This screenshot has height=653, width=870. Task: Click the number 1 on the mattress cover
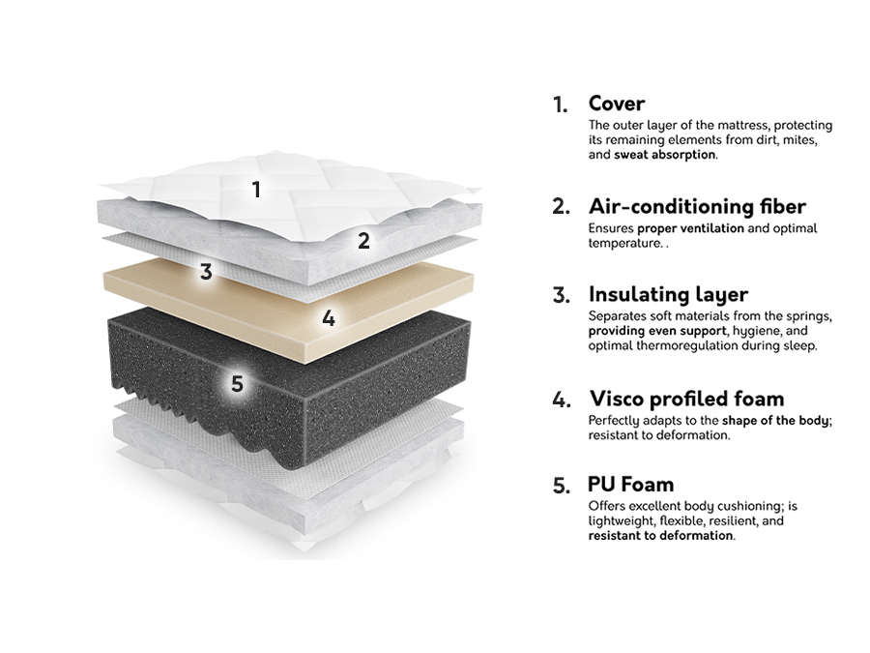[256, 190]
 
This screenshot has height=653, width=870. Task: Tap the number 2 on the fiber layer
[363, 241]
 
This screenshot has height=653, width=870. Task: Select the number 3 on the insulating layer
[206, 272]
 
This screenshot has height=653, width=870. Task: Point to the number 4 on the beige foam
[329, 318]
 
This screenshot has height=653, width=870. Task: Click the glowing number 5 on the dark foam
[238, 384]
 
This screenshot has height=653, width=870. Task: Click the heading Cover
[616, 104]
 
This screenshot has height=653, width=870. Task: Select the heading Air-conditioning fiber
[696, 206]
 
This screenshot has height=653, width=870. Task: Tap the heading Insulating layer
[667, 294]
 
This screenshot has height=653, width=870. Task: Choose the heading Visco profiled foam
[686, 399]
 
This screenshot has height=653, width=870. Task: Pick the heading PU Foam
[630, 484]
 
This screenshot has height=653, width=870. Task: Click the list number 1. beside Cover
[561, 104]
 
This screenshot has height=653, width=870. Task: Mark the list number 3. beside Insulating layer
[562, 295]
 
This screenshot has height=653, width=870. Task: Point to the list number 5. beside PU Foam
[562, 486]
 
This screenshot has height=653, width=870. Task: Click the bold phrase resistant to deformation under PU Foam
[660, 535]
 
